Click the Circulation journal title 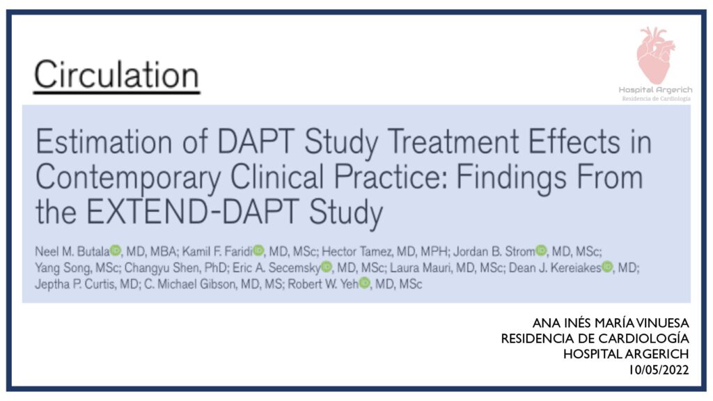[x=116, y=74]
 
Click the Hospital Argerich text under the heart [x=655, y=90]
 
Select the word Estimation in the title [x=104, y=141]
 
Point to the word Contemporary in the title [x=128, y=178]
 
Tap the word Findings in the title [x=511, y=178]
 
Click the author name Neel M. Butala [x=72, y=251]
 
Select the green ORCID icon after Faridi [x=258, y=250]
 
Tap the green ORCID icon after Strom [x=541, y=250]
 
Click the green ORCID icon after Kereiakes [x=607, y=267]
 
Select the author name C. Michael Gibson [x=191, y=284]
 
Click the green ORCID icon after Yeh [x=364, y=283]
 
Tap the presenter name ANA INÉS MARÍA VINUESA [x=610, y=323]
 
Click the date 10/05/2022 [x=659, y=370]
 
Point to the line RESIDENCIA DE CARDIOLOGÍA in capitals [x=595, y=338]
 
